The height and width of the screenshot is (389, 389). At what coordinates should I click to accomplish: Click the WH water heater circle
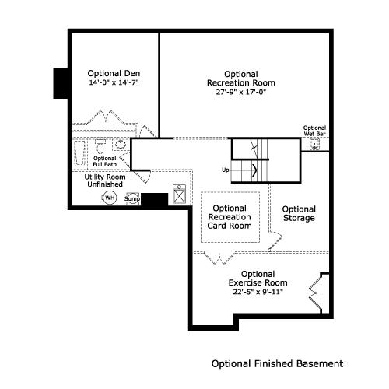pyautogui.click(x=109, y=198)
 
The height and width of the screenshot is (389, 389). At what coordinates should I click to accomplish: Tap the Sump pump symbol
pyautogui.click(x=132, y=199)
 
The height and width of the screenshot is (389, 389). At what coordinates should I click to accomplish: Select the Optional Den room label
pyautogui.click(x=114, y=73)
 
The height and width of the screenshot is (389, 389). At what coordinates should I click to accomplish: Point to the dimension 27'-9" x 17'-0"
pyautogui.click(x=241, y=92)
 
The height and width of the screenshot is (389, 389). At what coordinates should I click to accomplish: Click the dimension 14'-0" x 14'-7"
pyautogui.click(x=114, y=82)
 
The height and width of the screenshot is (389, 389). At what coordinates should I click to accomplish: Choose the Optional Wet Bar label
pyautogui.click(x=314, y=131)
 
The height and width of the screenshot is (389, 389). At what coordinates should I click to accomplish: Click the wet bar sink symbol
pyautogui.click(x=315, y=145)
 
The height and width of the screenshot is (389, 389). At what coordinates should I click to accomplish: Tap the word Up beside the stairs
pyautogui.click(x=226, y=170)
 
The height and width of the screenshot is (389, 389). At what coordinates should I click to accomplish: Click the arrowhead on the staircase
pyautogui.click(x=254, y=170)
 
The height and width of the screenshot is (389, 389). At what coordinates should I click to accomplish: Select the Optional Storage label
pyautogui.click(x=299, y=213)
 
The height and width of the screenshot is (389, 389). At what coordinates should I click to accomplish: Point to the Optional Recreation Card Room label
pyautogui.click(x=230, y=217)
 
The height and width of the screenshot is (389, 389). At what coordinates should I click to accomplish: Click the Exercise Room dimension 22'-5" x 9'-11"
pyautogui.click(x=258, y=292)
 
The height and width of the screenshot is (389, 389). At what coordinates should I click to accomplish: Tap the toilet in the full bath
pyautogui.click(x=100, y=146)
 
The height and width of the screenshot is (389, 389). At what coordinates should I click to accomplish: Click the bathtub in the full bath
pyautogui.click(x=79, y=153)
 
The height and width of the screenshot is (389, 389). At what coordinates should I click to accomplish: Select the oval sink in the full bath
pyautogui.click(x=120, y=145)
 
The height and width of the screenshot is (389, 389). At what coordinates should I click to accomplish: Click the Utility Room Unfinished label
pyautogui.click(x=105, y=180)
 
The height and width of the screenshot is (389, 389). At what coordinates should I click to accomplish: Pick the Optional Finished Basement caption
pyautogui.click(x=277, y=364)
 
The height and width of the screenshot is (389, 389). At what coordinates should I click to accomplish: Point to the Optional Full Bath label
pyautogui.click(x=105, y=161)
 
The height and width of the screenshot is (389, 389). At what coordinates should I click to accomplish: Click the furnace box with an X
pyautogui.click(x=179, y=194)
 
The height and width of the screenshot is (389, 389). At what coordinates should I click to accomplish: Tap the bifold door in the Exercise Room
pyautogui.click(x=316, y=293)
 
